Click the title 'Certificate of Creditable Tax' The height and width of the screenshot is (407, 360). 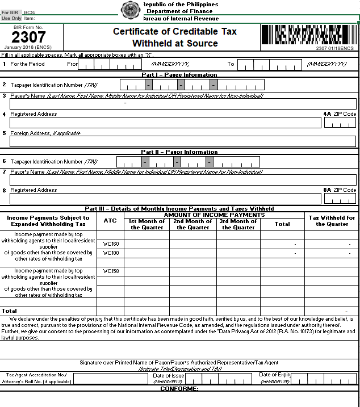175,31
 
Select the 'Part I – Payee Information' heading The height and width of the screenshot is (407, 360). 179,74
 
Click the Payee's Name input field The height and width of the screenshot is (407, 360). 182,103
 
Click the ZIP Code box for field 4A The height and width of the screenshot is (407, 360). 340,122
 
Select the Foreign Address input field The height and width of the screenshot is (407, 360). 182,141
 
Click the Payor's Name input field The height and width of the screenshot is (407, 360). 182,180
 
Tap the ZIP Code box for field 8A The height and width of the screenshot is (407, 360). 340,199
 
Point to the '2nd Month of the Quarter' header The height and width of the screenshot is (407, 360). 193,224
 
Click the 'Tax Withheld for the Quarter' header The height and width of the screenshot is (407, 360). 332,221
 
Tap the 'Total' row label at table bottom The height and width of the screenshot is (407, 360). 10,311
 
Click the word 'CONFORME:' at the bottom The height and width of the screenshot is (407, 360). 179,389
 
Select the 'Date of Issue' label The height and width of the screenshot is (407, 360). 169,376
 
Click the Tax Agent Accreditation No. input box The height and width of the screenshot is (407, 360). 110,379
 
